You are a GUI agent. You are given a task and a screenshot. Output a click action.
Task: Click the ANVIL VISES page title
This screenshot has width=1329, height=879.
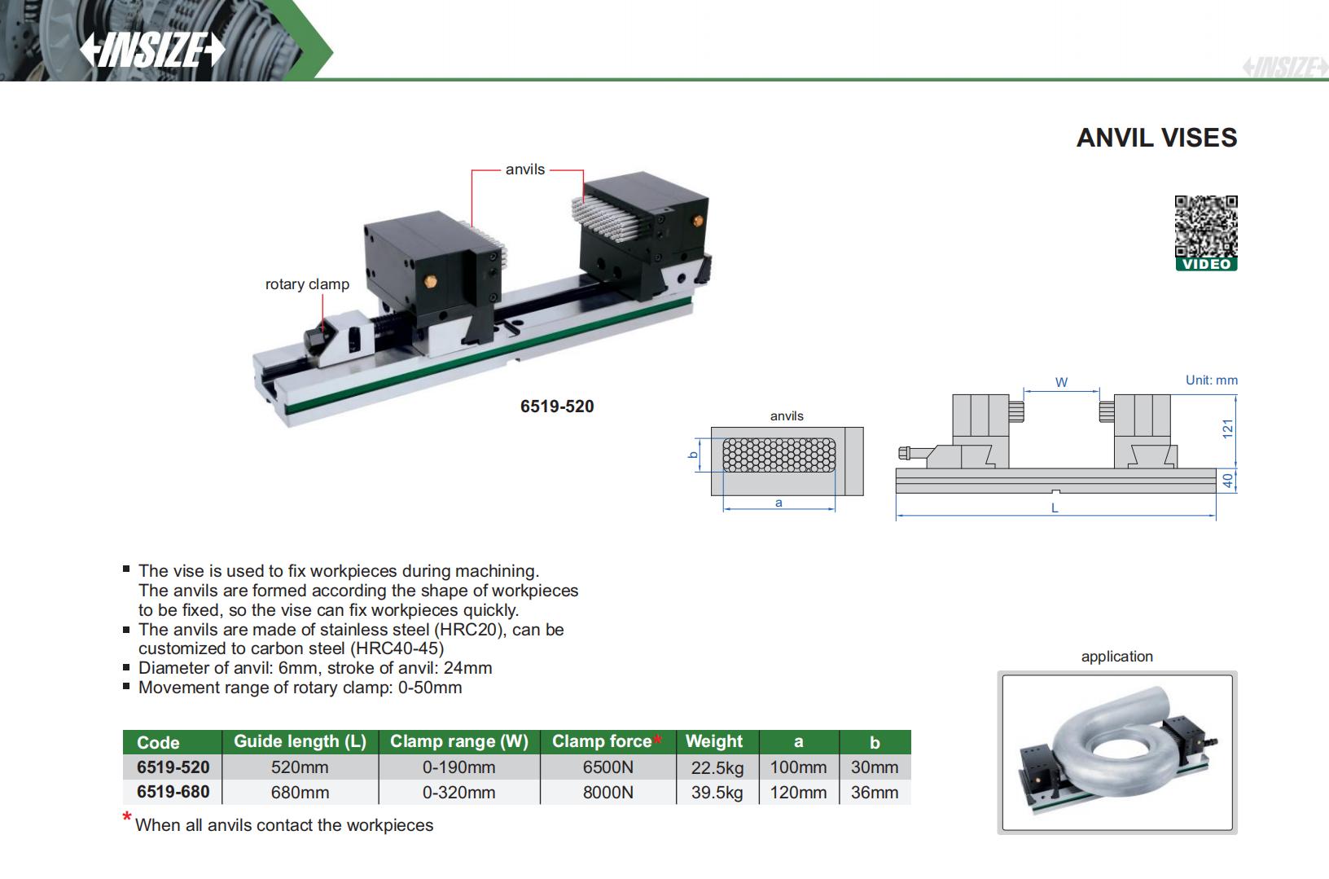(x=1156, y=138)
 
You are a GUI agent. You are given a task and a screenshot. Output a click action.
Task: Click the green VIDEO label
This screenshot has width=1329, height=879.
(x=1206, y=264)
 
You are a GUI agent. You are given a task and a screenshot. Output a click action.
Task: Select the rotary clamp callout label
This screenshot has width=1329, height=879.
(x=307, y=284)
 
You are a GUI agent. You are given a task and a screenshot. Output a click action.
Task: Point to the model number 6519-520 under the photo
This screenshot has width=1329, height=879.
(x=557, y=407)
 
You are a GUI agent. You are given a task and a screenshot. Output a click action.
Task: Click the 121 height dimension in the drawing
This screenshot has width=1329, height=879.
(x=1228, y=429)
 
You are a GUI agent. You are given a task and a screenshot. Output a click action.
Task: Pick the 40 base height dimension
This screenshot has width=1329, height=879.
(x=1228, y=481)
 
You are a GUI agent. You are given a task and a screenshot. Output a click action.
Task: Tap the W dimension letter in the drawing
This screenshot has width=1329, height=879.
(x=1061, y=382)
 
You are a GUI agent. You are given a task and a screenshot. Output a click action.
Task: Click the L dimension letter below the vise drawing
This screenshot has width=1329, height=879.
(x=1055, y=508)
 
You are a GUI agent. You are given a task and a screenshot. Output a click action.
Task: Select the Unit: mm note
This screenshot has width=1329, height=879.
(x=1211, y=380)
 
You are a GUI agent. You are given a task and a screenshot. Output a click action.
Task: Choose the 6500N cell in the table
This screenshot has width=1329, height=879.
(x=607, y=767)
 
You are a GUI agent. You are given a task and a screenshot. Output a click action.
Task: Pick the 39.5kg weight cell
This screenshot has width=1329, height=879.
(x=717, y=793)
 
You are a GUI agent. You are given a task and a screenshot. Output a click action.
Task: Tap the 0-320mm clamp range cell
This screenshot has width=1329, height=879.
(x=458, y=793)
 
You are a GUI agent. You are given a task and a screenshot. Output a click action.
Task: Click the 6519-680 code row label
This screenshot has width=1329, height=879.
(x=173, y=792)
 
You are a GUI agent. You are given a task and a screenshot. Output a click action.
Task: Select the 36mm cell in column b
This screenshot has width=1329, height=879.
(x=874, y=793)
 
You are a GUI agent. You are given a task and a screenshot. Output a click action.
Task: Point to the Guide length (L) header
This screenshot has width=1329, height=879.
(x=300, y=741)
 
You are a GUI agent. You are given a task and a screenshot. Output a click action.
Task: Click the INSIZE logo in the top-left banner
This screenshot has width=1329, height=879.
(x=151, y=51)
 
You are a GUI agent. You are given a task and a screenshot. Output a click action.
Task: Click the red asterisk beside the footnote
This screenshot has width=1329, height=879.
(x=127, y=817)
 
